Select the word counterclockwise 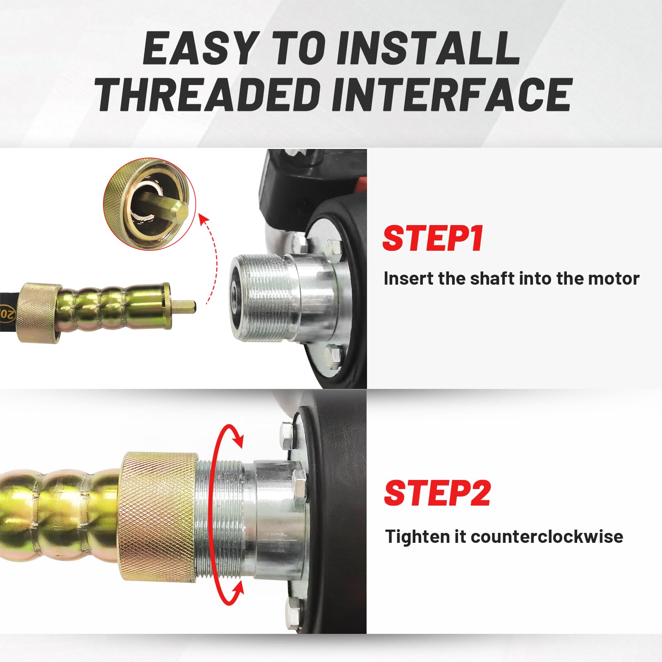point(547,537)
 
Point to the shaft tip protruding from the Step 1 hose point(184,307)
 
